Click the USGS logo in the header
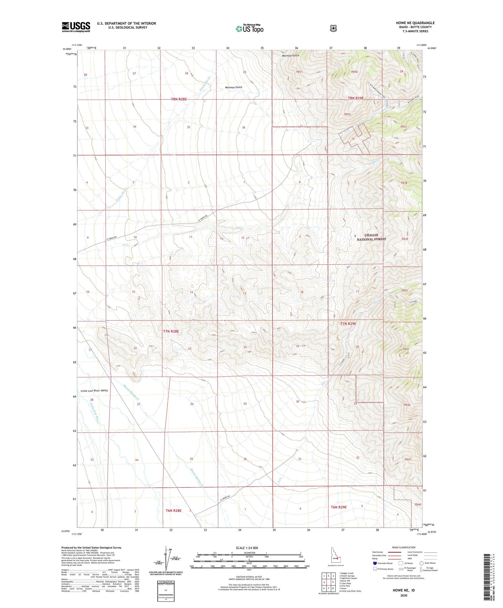76,27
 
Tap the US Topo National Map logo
249,29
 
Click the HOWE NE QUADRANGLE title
415,23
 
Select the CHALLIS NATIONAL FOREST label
371,237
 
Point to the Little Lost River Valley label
94,391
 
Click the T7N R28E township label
171,331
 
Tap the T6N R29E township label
339,507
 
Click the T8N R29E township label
355,98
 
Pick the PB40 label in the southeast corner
417,504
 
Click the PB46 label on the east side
407,405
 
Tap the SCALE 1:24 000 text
247,548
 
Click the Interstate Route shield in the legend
375,563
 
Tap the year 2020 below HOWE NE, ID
403,596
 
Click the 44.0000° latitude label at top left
66,49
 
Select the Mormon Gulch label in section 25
233,87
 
